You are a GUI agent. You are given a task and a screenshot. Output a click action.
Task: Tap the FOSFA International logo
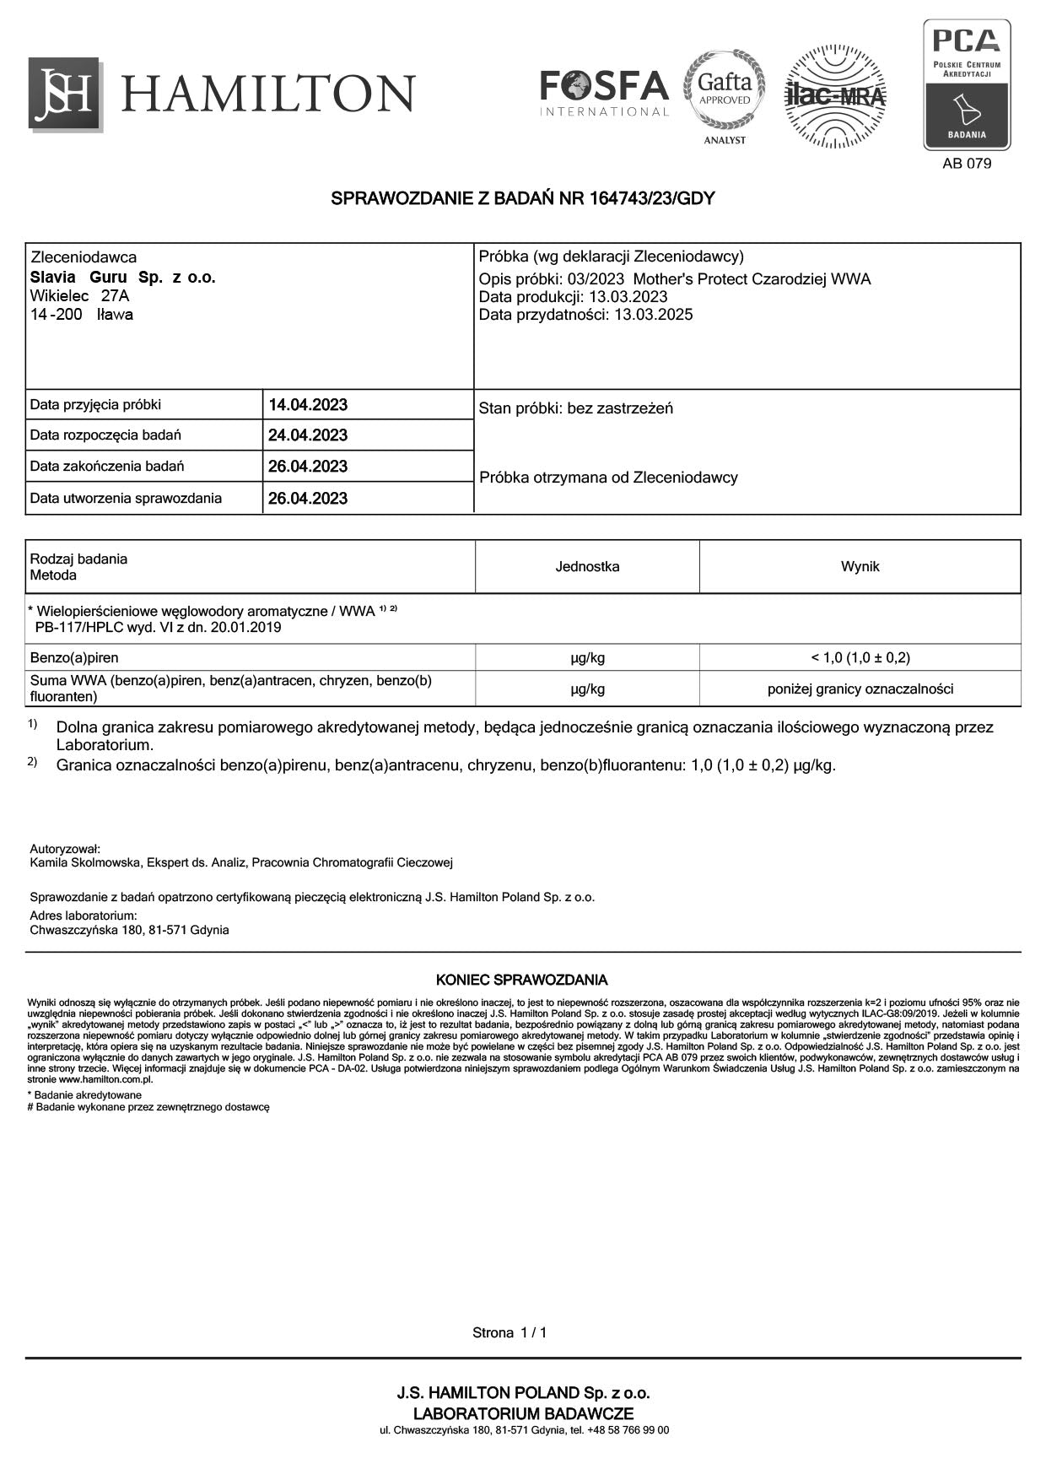[x=604, y=93]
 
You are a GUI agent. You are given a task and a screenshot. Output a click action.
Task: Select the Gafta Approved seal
[x=725, y=91]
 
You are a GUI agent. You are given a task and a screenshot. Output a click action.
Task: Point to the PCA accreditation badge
[x=967, y=85]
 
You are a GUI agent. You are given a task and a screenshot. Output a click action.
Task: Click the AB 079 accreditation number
[x=967, y=164]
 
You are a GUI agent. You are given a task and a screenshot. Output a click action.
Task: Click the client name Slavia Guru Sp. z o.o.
[x=123, y=278]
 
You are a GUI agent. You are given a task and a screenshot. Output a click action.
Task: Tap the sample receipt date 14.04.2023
[x=308, y=405]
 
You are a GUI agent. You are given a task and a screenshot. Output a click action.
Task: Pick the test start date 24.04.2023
[x=308, y=435]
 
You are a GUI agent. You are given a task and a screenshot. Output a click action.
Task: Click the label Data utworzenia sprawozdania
[x=126, y=498]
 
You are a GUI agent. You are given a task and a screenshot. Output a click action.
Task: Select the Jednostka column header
[x=587, y=566]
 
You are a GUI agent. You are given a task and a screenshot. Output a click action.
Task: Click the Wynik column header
[x=860, y=566]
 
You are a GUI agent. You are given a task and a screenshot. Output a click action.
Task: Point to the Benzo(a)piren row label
[x=74, y=657]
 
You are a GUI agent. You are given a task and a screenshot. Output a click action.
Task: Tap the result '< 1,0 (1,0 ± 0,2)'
[x=860, y=657]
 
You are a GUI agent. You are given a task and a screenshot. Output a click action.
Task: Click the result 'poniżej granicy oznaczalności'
[x=860, y=689]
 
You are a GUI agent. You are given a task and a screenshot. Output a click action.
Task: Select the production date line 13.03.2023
[x=574, y=297]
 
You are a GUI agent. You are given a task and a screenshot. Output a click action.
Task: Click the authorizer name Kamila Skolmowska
[x=84, y=862]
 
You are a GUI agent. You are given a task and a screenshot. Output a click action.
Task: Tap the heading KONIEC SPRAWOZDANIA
[x=521, y=980]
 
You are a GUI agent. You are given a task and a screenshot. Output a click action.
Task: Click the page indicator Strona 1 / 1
[x=510, y=1332]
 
